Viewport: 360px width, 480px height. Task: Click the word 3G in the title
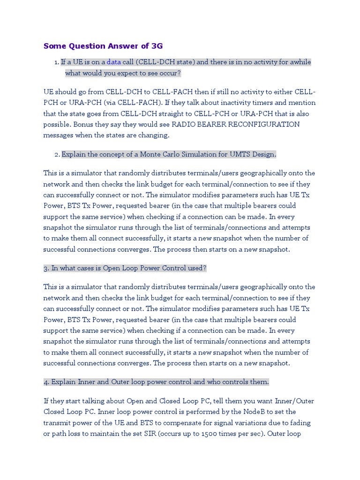(x=157, y=46)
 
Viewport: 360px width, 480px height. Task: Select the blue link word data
(x=113, y=62)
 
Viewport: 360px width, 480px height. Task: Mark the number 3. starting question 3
(x=46, y=268)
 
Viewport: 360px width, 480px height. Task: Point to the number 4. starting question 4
(x=46, y=382)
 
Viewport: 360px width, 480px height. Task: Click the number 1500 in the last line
(x=210, y=434)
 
